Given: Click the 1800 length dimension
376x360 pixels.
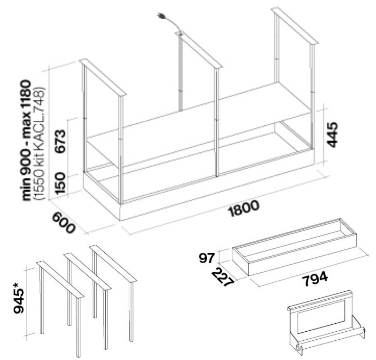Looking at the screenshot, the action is coord(244,208).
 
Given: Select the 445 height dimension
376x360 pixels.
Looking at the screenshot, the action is coord(333,135).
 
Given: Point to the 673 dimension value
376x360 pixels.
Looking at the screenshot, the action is coord(60,141).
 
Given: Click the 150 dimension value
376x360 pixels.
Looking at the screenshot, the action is coord(60,183).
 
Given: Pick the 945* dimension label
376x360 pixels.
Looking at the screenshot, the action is coord(19,297).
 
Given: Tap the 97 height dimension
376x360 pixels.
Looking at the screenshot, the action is coord(206,258).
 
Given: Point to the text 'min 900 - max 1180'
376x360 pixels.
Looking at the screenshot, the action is coord(26,141).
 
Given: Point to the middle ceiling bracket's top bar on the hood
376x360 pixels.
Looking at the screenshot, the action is coord(199,50).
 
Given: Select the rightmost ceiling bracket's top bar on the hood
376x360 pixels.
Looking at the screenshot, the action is coord(295,26).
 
